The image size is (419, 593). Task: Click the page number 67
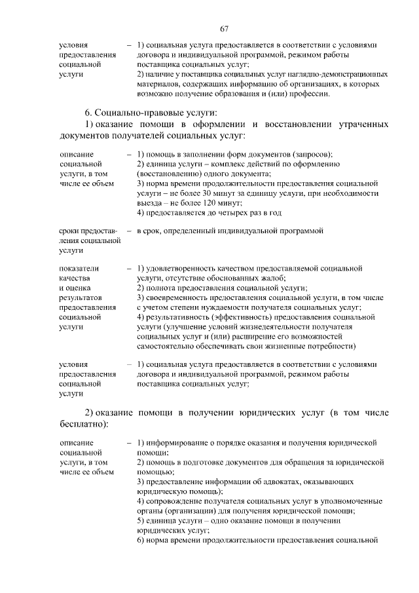click(x=224, y=28)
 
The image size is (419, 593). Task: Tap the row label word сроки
click(x=69, y=231)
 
